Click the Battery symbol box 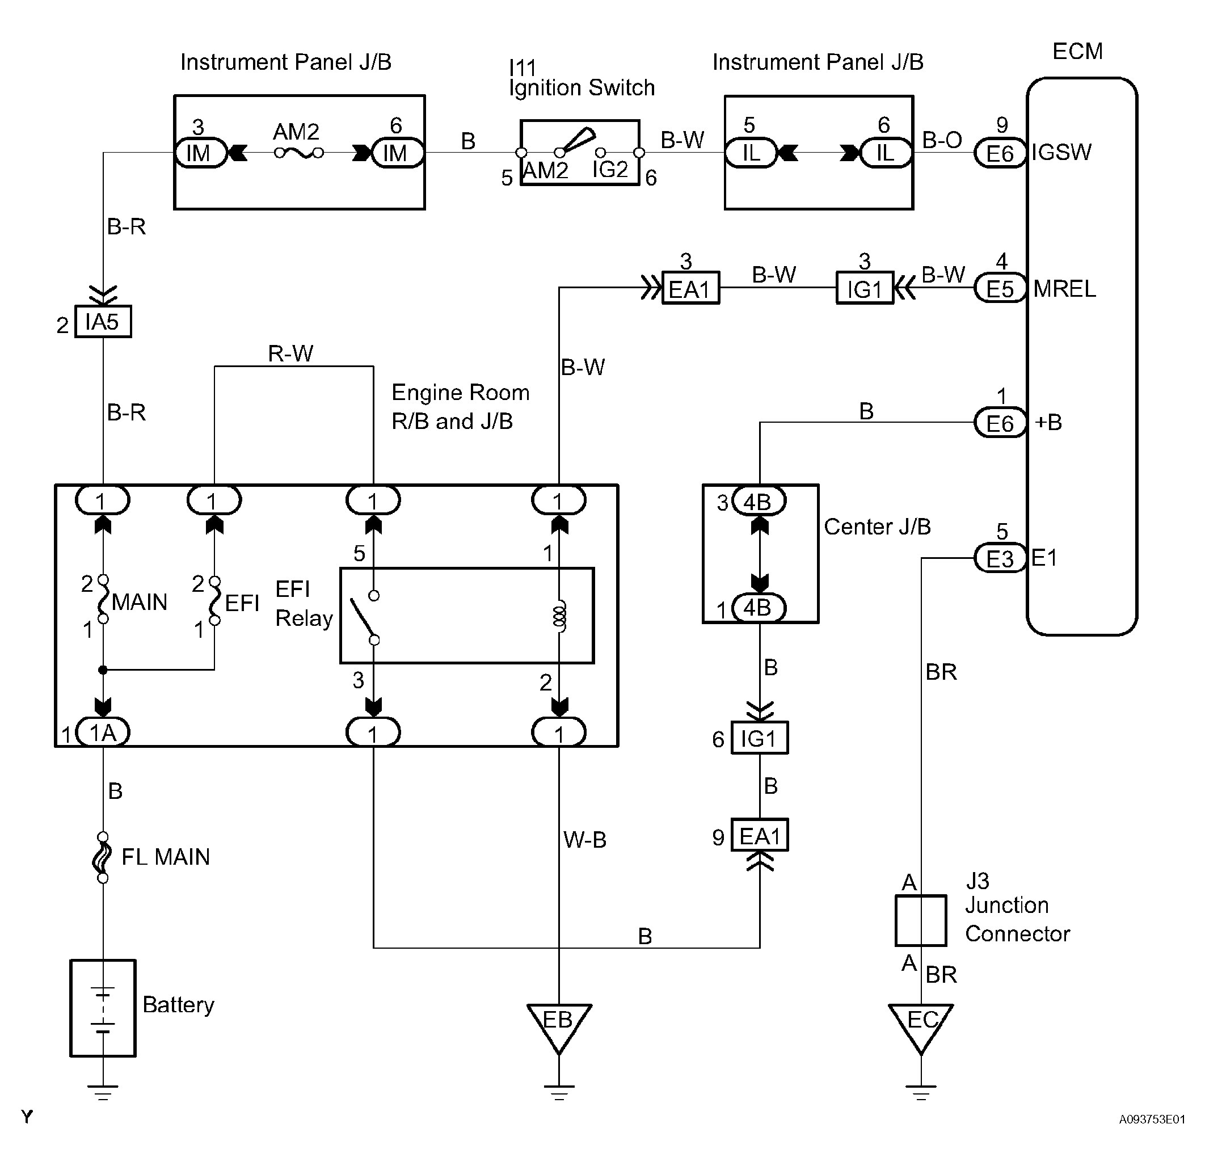103,1008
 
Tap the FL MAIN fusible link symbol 103,857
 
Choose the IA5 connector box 103,321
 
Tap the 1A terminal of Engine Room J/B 103,732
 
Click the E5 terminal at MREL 1000,288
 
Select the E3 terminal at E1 1000,558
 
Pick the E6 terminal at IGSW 1000,153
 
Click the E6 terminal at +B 1000,423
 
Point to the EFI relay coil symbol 559,616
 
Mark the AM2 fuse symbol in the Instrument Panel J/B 299,153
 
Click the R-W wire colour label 291,353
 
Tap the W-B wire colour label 585,839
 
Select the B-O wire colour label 942,140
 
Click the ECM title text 1078,51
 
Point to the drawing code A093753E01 1152,1119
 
